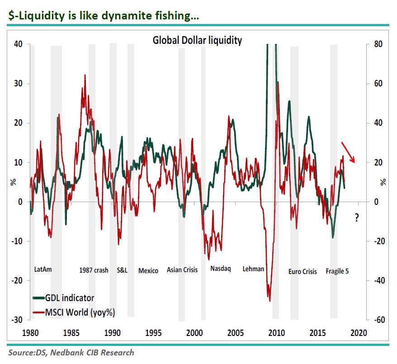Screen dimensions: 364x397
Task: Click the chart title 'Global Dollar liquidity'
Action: [x=197, y=40]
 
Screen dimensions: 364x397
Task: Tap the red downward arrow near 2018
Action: [x=348, y=152]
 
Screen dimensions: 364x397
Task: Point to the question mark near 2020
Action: [x=357, y=217]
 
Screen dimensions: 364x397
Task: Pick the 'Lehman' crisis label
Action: [x=253, y=269]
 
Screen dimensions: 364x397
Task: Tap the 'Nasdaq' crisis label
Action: [x=221, y=268]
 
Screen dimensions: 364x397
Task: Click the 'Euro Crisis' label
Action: [x=302, y=272]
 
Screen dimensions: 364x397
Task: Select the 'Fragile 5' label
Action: [x=337, y=271]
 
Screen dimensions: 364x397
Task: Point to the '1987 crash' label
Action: [x=94, y=270]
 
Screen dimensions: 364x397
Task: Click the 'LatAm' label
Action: [x=43, y=269]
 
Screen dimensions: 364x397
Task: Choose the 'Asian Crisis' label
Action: [x=182, y=270]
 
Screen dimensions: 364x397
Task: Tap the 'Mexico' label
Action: [x=148, y=270]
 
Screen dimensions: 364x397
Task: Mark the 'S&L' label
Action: [x=122, y=270]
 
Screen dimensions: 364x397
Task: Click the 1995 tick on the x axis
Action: [x=154, y=333]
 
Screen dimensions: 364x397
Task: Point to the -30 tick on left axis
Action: [x=17, y=320]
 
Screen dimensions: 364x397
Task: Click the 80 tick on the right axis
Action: [x=378, y=44]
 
